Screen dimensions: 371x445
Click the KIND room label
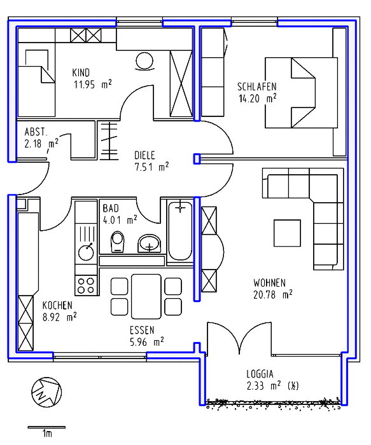pyautogui.click(x=81, y=72)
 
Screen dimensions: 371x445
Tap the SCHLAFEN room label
pyautogui.click(x=257, y=86)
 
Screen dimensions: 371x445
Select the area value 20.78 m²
pyautogui.click(x=273, y=295)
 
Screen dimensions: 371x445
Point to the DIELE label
pyautogui.click(x=144, y=155)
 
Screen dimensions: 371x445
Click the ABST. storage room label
pyautogui.click(x=36, y=132)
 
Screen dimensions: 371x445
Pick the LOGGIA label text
pyautogui.click(x=260, y=374)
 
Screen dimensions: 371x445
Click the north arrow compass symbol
pyautogui.click(x=46, y=392)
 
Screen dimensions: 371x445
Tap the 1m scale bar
pyautogui.click(x=46, y=427)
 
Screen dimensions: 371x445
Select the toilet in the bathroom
pyautogui.click(x=118, y=242)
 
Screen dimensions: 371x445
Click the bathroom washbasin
pyautogui.click(x=150, y=243)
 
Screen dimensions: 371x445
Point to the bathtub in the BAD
pyautogui.click(x=180, y=230)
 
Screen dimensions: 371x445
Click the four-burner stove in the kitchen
pyautogui.click(x=87, y=285)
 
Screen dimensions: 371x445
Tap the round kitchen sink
pyautogui.click(x=86, y=252)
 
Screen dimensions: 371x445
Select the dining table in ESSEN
pyautogui.click(x=146, y=296)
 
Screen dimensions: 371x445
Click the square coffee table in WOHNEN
pyautogui.click(x=287, y=233)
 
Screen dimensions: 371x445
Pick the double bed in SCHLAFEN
pyautogui.click(x=302, y=93)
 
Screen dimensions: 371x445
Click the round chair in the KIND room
pyautogui.click(x=144, y=61)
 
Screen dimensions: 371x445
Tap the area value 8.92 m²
pyautogui.click(x=59, y=317)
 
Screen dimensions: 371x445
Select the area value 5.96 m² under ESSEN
pyautogui.click(x=146, y=342)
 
